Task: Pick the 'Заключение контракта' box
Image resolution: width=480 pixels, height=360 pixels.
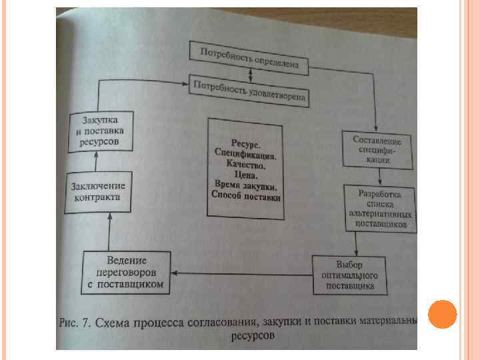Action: (98, 191)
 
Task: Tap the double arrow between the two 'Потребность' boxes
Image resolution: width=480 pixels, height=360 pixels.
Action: (250, 74)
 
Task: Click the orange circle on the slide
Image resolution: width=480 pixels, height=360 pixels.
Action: (442, 315)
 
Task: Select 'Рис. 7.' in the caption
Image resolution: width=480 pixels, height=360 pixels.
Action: (75, 323)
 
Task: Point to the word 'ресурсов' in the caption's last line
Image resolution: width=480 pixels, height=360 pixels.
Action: (253, 337)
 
